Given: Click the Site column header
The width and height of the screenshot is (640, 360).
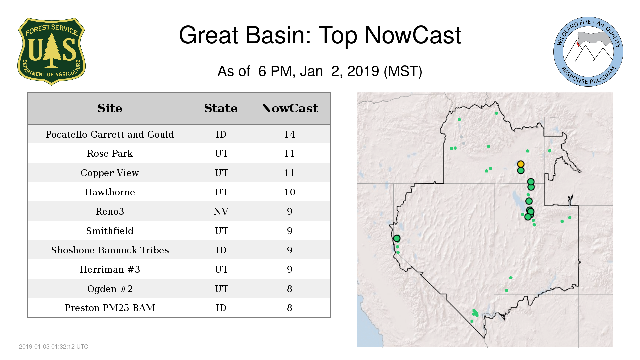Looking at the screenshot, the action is click(110, 108).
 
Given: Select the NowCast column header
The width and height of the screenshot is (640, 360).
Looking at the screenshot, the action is click(290, 108).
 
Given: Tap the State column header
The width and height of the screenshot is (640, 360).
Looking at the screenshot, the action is click(221, 108).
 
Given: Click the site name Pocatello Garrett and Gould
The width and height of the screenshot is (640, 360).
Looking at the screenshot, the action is click(110, 134).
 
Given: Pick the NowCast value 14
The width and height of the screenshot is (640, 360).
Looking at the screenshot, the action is click(290, 134).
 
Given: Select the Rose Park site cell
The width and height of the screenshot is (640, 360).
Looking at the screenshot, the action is click(110, 153).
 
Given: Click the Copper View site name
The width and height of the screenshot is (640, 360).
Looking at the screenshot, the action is click(110, 173).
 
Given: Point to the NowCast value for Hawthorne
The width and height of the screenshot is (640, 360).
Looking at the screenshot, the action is click(290, 192).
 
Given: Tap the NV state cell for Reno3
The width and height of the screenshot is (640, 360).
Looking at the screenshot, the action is click(221, 211).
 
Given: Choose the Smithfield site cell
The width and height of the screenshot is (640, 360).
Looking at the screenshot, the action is click(110, 231).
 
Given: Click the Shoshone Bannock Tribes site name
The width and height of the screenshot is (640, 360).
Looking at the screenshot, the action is click(110, 250).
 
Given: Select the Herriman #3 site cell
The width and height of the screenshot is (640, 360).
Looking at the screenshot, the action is click(110, 269).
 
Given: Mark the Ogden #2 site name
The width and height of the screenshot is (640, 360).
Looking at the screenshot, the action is click(110, 289).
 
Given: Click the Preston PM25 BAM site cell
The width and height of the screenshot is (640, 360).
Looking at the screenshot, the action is click(110, 308).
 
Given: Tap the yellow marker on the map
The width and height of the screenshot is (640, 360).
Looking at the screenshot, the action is click(521, 164).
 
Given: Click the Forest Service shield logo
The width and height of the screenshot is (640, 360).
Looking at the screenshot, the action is click(51, 51).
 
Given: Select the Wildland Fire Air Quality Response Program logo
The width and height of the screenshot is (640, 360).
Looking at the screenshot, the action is click(588, 52).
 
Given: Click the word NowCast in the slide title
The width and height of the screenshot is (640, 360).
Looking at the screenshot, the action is click(413, 35).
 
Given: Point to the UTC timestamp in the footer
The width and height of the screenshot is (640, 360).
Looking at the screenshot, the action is click(54, 347).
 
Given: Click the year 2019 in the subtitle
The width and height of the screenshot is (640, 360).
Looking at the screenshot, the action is click(363, 71).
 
